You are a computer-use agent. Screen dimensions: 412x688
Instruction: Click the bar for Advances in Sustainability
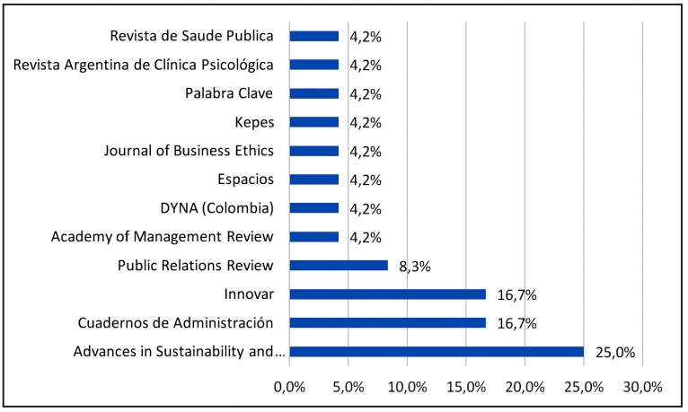(437, 352)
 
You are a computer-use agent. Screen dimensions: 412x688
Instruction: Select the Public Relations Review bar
(339, 266)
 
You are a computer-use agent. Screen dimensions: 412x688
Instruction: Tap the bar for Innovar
(387, 294)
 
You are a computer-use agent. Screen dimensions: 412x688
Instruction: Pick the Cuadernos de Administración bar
(387, 323)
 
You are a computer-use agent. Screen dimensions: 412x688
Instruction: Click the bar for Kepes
(314, 122)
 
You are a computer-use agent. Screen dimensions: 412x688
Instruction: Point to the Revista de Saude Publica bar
(314, 36)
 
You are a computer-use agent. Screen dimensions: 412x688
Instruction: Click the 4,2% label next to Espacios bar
(366, 180)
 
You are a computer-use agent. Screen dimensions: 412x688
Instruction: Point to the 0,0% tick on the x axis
(289, 387)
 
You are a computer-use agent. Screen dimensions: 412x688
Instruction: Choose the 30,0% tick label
(642, 387)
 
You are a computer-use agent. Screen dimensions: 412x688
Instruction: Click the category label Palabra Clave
(229, 93)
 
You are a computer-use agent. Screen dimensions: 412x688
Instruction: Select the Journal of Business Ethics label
(189, 151)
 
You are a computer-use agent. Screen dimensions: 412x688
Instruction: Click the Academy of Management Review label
(163, 237)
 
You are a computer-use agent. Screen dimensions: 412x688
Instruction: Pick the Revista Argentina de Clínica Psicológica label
(144, 65)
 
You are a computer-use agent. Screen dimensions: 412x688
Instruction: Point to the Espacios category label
(245, 180)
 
